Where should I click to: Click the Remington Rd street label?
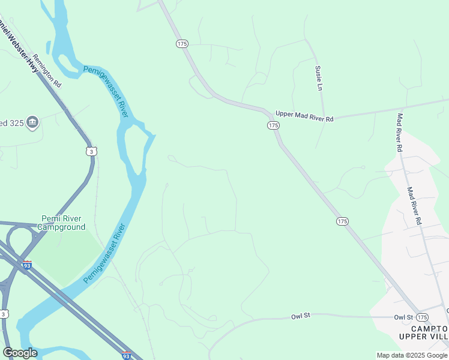(47, 69)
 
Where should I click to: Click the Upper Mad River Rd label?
(304, 116)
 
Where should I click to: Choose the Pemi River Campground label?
(62, 223)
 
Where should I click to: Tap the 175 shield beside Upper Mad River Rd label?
(273, 125)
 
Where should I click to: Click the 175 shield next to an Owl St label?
(422, 317)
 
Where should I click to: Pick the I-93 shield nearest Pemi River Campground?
(27, 265)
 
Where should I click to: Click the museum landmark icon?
(32, 123)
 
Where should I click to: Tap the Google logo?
(20, 352)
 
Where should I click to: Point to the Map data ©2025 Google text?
(411, 355)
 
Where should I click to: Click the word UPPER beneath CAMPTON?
(412, 337)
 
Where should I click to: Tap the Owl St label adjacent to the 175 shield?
(403, 317)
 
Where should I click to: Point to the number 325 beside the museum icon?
(14, 123)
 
